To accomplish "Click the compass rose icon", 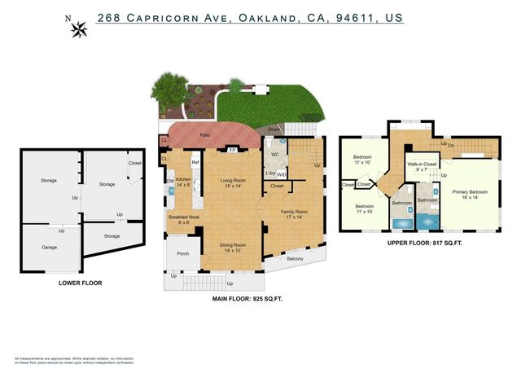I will (x=80, y=30).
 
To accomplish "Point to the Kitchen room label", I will (x=184, y=182).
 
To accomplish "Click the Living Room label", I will (x=234, y=183).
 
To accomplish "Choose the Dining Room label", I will (x=233, y=248).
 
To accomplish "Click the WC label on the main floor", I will (x=275, y=154).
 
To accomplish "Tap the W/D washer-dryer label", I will (x=282, y=174).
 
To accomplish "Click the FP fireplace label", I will (x=233, y=151).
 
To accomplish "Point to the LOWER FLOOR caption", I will (x=81, y=283).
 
